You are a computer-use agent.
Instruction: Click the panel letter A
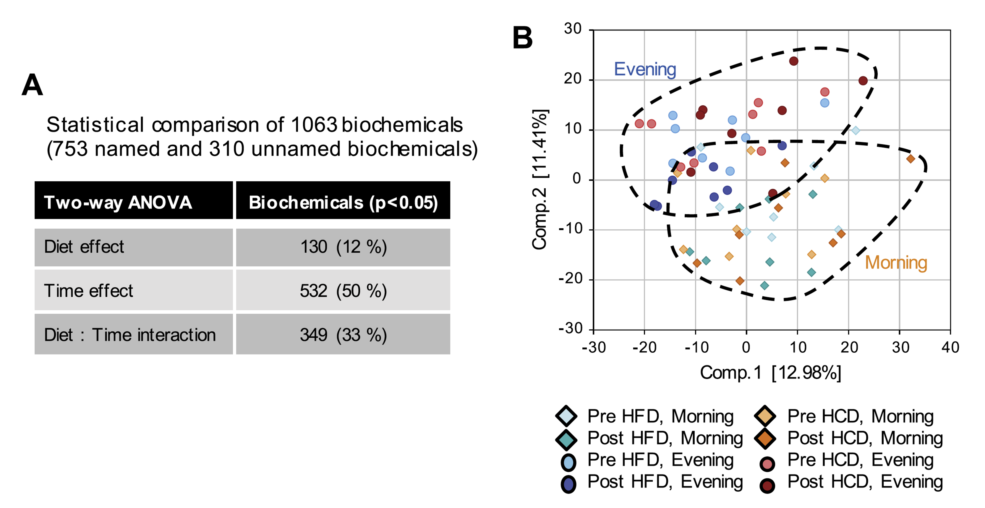32,85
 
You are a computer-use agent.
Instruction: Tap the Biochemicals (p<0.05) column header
343,202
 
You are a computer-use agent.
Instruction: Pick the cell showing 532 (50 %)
343,291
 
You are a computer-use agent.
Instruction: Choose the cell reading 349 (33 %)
343,335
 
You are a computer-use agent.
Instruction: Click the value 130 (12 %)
343,247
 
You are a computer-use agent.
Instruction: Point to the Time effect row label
88,291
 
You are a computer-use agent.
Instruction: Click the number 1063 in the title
314,125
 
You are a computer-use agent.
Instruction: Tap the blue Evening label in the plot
645,69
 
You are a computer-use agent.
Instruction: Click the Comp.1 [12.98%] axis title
770,372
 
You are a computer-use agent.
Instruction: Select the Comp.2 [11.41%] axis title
540,179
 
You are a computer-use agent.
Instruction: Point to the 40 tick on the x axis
950,347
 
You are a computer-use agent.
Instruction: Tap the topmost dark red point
794,61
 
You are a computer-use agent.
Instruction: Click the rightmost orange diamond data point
911,159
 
